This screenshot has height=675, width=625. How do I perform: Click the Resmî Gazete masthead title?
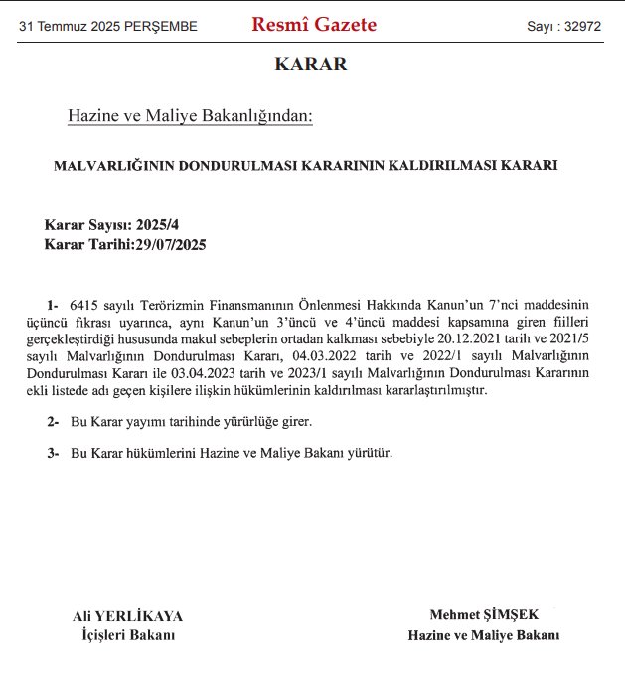click(x=314, y=25)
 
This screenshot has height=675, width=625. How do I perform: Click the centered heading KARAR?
click(x=311, y=65)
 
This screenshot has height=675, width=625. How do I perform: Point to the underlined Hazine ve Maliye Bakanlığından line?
click(x=190, y=117)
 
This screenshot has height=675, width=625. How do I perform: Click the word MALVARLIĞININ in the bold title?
click(x=111, y=165)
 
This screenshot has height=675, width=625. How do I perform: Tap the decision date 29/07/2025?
click(x=170, y=244)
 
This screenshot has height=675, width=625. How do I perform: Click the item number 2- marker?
click(x=53, y=422)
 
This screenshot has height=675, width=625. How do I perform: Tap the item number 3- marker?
click(x=53, y=453)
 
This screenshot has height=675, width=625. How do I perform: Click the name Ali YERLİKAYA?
click(x=128, y=615)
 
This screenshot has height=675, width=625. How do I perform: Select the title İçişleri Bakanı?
click(x=128, y=634)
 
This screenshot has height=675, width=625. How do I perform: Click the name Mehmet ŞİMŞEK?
click(x=484, y=615)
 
